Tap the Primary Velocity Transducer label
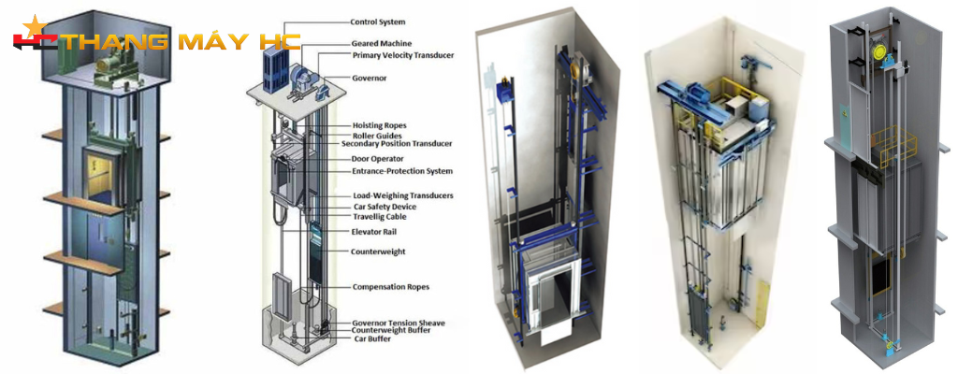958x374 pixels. coord(403,56)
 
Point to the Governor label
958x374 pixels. coord(370,79)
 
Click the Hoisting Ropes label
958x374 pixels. coord(379,124)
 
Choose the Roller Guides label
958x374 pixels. coord(376,135)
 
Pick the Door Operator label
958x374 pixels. coord(377,158)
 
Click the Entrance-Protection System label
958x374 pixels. coord(401,171)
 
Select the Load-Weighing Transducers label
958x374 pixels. coord(402,194)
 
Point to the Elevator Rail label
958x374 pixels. coord(376,230)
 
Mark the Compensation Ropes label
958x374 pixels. coord(390,286)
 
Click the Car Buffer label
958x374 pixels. coord(372,338)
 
